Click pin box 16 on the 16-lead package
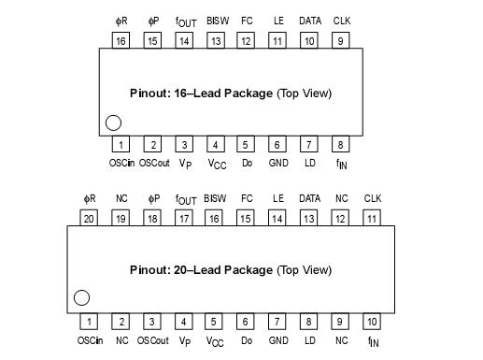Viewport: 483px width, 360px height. pyautogui.click(x=121, y=40)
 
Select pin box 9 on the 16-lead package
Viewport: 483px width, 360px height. pyautogui.click(x=340, y=40)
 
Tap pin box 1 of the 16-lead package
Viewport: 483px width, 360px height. pyautogui.click(x=121, y=145)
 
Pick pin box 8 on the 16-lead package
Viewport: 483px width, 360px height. pyautogui.click(x=340, y=145)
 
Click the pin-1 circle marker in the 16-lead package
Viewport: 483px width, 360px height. pyautogui.click(x=113, y=122)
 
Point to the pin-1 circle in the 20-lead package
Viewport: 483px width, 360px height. pyautogui.click(x=81, y=298)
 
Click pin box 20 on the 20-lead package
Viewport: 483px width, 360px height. pyautogui.click(x=90, y=218)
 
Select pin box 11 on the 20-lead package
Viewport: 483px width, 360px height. pyautogui.click(x=372, y=218)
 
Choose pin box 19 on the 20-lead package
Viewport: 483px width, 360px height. pyautogui.click(x=121, y=218)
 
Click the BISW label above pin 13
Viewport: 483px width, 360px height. pyautogui.click(x=215, y=20)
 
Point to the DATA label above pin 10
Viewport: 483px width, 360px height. pyautogui.click(x=309, y=20)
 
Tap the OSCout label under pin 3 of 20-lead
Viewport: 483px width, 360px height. pyautogui.click(x=153, y=340)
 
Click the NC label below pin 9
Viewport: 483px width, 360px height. pyautogui.click(x=341, y=340)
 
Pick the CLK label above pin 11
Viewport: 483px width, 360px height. pyautogui.click(x=372, y=198)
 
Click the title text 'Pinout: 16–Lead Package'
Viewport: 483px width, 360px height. pyautogui.click(x=201, y=94)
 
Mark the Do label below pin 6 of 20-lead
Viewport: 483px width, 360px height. pyautogui.click(x=247, y=340)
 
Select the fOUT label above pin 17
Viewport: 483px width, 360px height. pyautogui.click(x=185, y=199)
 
